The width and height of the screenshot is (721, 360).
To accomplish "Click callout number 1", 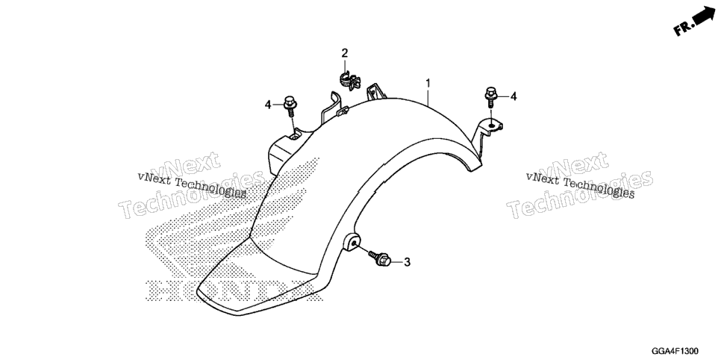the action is (x=428, y=84).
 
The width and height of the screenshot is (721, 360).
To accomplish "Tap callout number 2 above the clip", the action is (x=344, y=53).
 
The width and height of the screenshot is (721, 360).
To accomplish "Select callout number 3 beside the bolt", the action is (x=407, y=262).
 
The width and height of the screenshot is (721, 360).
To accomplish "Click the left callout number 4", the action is (x=268, y=105).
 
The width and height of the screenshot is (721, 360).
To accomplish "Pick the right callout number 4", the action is (x=514, y=96).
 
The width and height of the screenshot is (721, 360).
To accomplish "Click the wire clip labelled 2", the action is (x=349, y=81).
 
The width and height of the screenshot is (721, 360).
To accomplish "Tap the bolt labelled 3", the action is (x=380, y=258).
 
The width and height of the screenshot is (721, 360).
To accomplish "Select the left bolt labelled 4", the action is (x=290, y=105).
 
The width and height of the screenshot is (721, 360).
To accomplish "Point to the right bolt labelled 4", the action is (x=490, y=96).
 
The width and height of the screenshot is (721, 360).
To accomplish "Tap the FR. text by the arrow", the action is (x=683, y=28).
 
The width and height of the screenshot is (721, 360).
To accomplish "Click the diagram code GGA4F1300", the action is (x=677, y=351).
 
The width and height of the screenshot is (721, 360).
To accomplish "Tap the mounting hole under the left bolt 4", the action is (x=293, y=135).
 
